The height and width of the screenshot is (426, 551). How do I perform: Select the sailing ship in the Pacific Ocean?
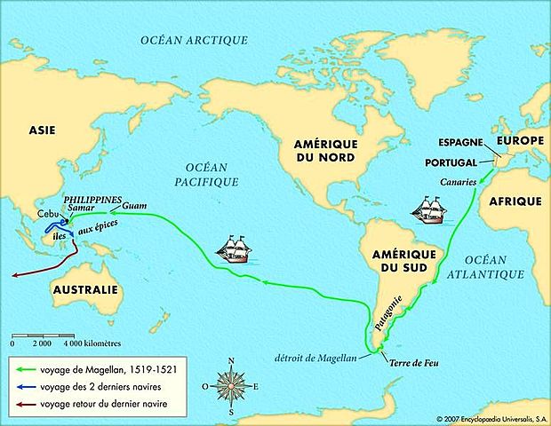[236, 248]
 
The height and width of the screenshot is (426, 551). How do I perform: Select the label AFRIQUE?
[515, 202]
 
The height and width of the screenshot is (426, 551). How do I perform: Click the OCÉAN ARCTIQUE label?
[195, 40]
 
